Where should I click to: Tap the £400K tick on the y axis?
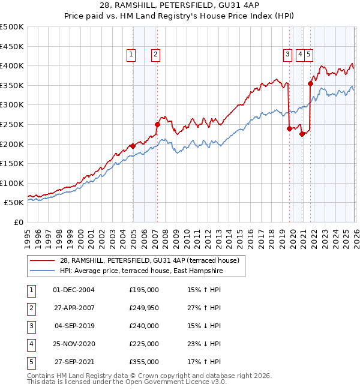[x=12, y=66]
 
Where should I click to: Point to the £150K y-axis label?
[x=12, y=164]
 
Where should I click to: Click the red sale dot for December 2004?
[x=133, y=146]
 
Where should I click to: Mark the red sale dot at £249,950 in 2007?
[x=157, y=124]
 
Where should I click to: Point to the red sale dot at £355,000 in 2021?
[x=311, y=83]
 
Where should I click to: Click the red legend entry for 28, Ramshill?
[x=149, y=260]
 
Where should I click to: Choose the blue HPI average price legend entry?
[x=140, y=271]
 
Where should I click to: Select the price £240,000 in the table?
[x=144, y=326]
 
